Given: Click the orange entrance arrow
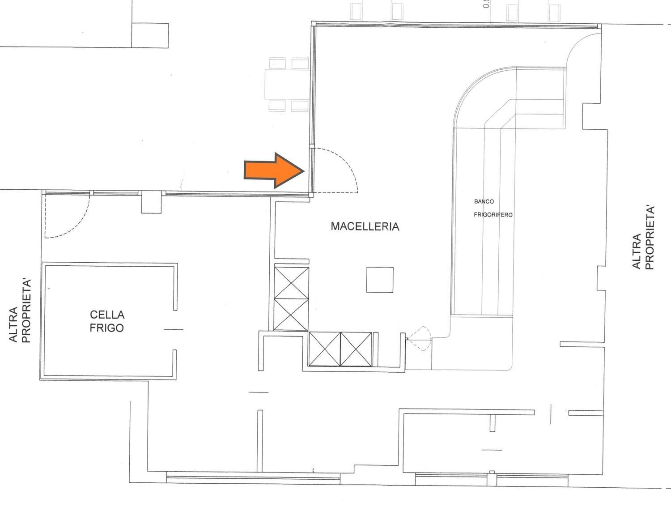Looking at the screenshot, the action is click(274, 170).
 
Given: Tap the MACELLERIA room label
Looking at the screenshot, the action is click(365, 226).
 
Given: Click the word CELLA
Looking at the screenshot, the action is click(107, 315).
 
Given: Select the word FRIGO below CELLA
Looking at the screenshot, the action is click(106, 328).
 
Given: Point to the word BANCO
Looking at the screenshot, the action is click(484, 201).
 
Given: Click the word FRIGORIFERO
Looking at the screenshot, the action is click(493, 215).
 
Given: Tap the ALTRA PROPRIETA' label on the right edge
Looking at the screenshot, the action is click(643, 238).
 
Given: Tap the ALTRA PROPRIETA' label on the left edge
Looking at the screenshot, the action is click(20, 311).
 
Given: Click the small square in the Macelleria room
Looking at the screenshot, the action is click(380, 280).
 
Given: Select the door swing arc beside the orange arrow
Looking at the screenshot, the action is click(335, 170).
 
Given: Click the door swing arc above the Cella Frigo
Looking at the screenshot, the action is click(67, 216).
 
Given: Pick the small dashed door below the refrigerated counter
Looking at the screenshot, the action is click(419, 339).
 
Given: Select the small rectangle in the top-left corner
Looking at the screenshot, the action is click(150, 35).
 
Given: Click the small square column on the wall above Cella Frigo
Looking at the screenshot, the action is click(151, 202).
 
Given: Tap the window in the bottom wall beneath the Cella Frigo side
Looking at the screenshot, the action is click(253, 477).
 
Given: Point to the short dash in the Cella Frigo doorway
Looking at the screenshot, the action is click(173, 329).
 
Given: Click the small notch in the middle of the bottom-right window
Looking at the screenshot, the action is click(492, 473).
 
